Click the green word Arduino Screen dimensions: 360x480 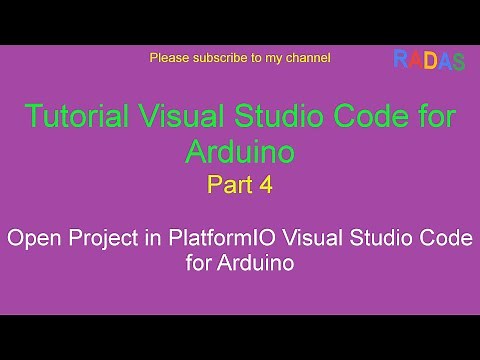point(240,151)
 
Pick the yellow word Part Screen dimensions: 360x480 point(226,184)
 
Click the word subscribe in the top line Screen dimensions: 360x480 point(216,58)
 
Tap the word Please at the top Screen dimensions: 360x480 point(169,58)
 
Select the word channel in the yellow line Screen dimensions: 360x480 point(307,58)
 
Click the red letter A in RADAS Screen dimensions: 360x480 point(414,61)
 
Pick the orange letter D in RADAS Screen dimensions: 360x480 point(428,61)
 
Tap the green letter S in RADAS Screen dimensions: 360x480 point(458,61)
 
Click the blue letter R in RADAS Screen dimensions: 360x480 point(400,61)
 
